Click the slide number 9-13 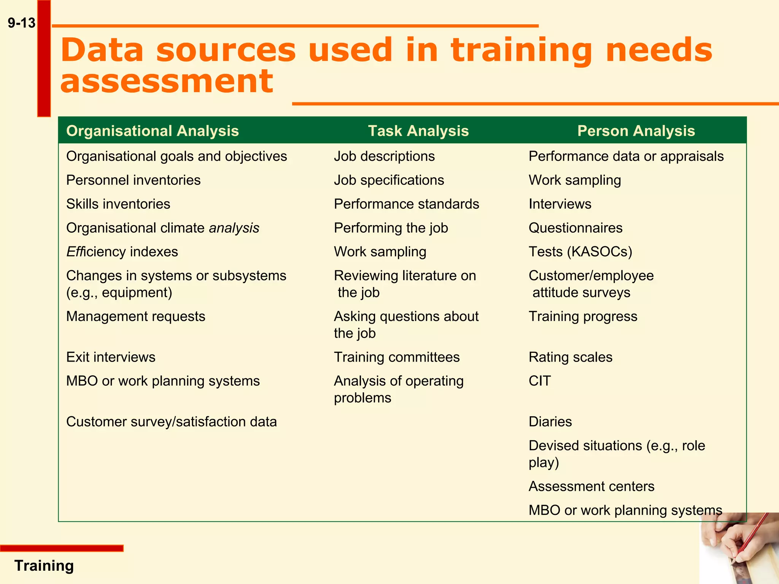pos(22,23)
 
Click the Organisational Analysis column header pos(152,131)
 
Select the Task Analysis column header pos(418,131)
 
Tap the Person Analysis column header pos(636,131)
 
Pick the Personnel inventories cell pos(133,180)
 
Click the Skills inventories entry pos(118,204)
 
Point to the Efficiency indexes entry pos(122,252)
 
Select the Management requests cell pos(135,316)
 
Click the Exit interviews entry pos(111,357)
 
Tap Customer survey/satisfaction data pos(171,422)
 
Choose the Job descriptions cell pos(384,156)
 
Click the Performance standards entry pos(406,204)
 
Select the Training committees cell pos(397,357)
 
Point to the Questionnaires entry pos(576,228)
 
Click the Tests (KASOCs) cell pos(580,252)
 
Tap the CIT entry pos(539,381)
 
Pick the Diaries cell pos(550,422)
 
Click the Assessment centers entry pos(591,486)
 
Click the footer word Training pos(44,566)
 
